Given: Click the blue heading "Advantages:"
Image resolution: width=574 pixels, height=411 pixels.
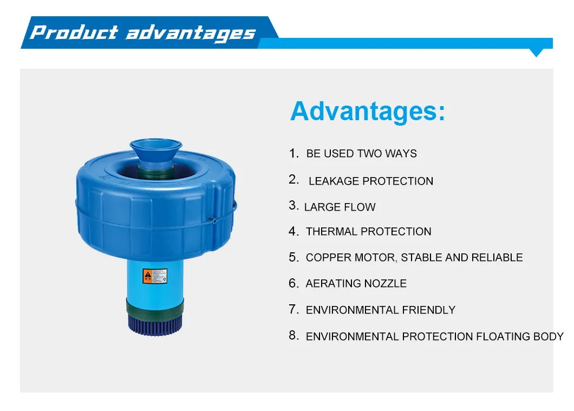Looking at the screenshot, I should (x=368, y=112).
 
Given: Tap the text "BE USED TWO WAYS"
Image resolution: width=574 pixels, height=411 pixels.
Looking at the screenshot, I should (x=361, y=154).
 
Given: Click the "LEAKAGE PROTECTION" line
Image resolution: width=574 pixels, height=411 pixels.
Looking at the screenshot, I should (x=371, y=181).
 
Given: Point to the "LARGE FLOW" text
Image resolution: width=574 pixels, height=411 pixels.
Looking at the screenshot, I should (x=340, y=207).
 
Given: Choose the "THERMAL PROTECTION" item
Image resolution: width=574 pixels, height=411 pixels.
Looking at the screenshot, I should (x=368, y=232).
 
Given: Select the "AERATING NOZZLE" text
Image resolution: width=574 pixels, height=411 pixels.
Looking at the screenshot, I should (x=356, y=284).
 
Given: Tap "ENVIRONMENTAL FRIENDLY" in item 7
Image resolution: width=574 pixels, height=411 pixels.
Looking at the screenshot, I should (x=380, y=310).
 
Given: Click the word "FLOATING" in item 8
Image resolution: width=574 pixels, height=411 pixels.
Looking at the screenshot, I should (x=502, y=337).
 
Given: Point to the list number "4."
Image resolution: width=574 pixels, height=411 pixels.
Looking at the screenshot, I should (x=293, y=232).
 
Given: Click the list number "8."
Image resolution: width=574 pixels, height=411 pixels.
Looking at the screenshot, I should (x=293, y=336).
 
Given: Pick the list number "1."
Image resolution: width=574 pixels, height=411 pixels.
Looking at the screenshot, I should (x=293, y=154).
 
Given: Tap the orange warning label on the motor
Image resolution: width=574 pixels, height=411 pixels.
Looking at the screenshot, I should (x=148, y=277).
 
